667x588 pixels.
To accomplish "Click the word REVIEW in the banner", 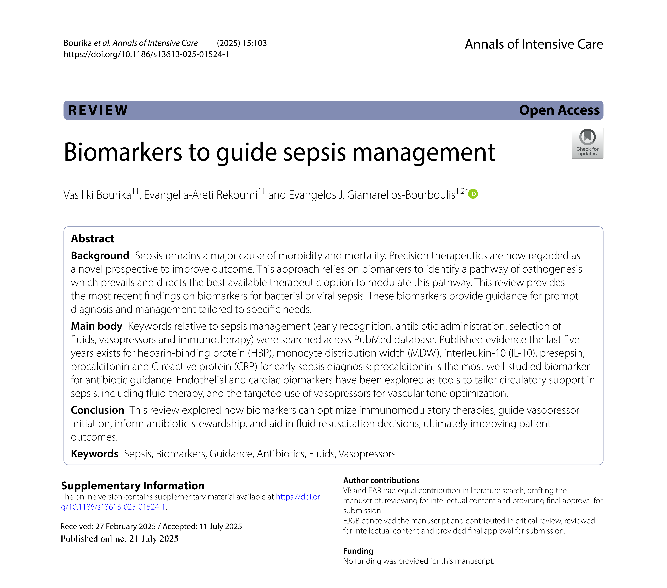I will [x=98, y=110].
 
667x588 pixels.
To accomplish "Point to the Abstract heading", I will [x=93, y=239].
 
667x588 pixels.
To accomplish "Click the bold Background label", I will [x=100, y=256].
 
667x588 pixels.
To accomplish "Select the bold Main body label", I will [x=97, y=326].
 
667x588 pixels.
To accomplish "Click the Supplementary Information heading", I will [x=132, y=486].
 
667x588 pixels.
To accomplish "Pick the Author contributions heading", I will [x=381, y=480].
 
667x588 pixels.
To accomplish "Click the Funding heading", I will [x=358, y=551].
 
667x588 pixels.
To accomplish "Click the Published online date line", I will [x=119, y=539].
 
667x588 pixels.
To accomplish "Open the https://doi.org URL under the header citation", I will [x=146, y=54].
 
